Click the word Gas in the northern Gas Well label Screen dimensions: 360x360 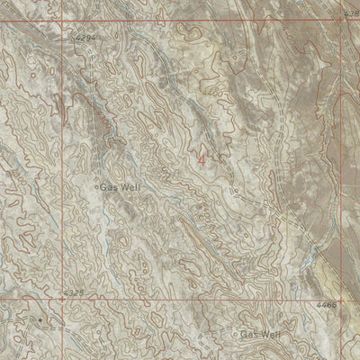(x=110, y=186)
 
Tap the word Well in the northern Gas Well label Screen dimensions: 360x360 (x=130, y=186)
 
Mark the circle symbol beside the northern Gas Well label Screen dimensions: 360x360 (x=96, y=187)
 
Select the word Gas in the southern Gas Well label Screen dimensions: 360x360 (x=248, y=334)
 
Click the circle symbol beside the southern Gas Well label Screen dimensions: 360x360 (x=236, y=335)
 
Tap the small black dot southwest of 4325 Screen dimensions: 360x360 (x=40, y=319)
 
